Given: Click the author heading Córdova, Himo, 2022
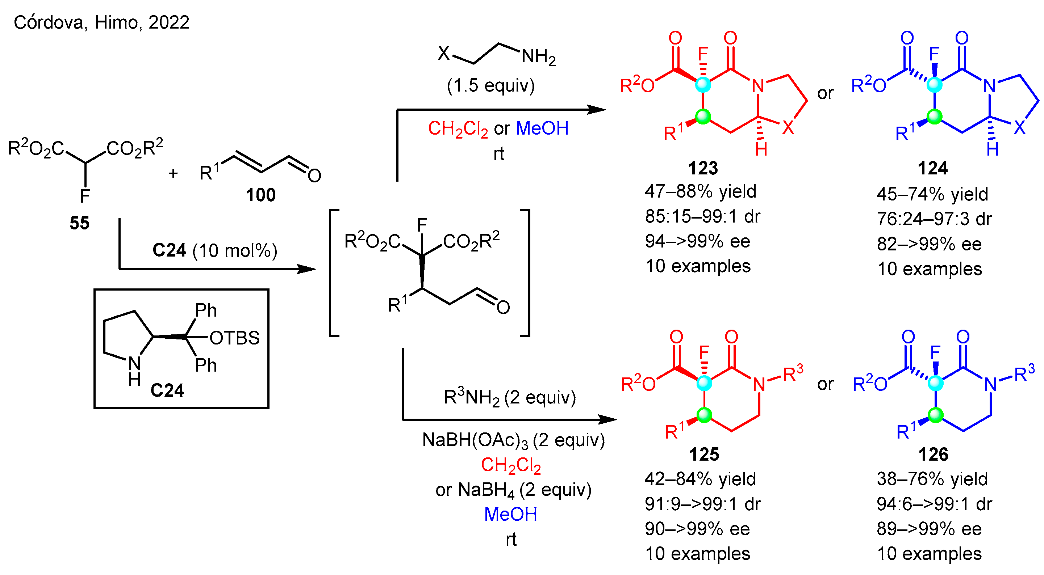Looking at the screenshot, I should (101, 22).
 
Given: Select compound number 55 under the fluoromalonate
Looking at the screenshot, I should (79, 223).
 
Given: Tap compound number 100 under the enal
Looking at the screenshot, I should (260, 195).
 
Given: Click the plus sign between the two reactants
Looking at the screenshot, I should (173, 174).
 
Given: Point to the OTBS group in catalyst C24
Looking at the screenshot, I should (234, 338).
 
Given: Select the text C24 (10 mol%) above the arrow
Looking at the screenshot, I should (215, 251).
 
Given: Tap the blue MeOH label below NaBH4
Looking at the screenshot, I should (510, 514).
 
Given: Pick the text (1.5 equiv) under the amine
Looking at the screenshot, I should (490, 85).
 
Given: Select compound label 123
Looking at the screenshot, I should (703, 168).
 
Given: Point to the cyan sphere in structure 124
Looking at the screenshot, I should (935, 85).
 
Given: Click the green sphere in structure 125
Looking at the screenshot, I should (704, 415).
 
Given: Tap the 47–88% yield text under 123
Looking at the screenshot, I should (700, 191).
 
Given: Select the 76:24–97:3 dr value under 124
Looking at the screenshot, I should (934, 219).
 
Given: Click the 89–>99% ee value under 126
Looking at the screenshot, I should (929, 529).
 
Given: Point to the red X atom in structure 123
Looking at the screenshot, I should (788, 128).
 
